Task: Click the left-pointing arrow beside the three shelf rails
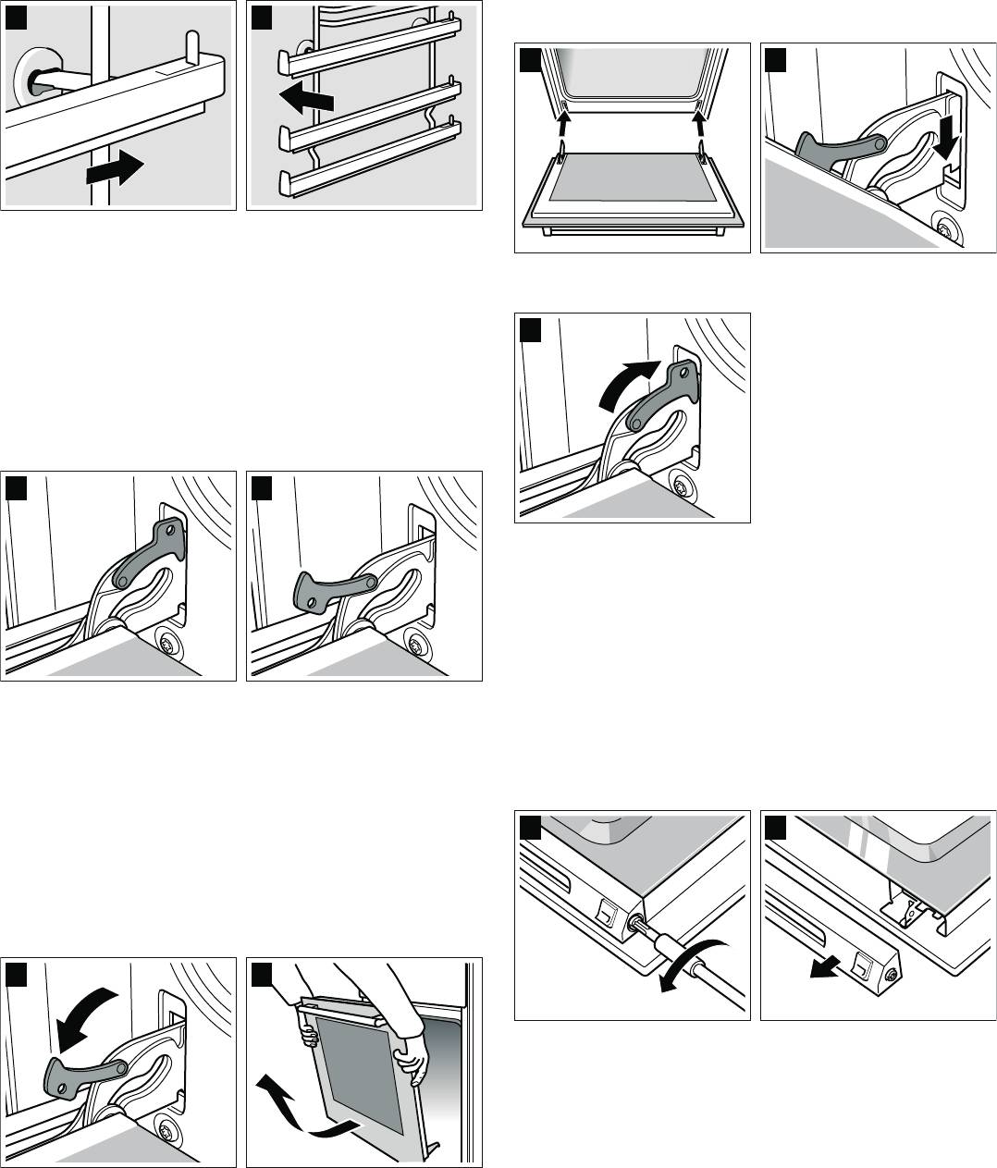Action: point(305,97)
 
